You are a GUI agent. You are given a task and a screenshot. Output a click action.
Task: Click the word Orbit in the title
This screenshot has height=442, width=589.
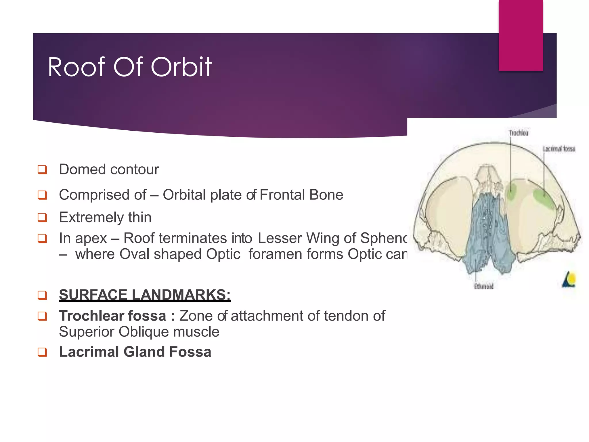(181, 67)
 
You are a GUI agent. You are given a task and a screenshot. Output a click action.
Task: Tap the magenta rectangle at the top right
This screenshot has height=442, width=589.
(521, 35)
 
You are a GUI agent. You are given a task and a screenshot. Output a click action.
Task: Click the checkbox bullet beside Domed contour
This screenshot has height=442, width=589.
(42, 169)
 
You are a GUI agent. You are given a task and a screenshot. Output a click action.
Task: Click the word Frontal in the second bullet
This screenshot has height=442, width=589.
(278, 195)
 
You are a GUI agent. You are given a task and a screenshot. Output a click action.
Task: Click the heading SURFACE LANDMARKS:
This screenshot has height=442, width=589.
(145, 295)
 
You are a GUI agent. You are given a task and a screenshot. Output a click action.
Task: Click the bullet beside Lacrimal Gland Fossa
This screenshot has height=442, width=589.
(42, 352)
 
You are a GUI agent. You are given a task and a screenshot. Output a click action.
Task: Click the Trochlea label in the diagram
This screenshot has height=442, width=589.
(519, 133)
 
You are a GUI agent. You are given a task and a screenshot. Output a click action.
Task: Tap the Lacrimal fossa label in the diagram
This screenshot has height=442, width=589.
(559, 149)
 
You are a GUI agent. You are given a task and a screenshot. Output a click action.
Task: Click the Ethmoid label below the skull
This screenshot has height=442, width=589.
(484, 286)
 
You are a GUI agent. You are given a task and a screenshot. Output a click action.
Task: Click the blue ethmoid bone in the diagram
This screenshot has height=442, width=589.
(486, 230)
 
